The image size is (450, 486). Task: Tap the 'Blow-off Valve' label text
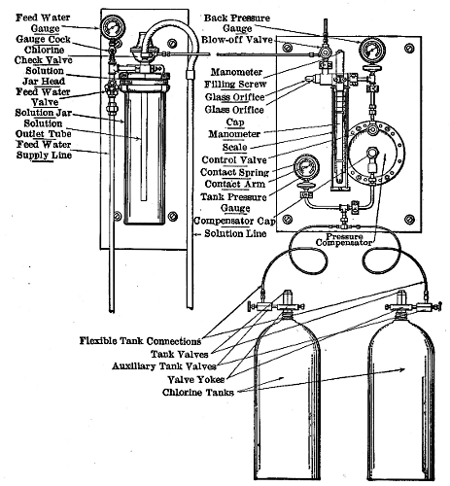tap(247, 40)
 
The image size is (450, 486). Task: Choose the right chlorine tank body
tap(399, 399)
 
